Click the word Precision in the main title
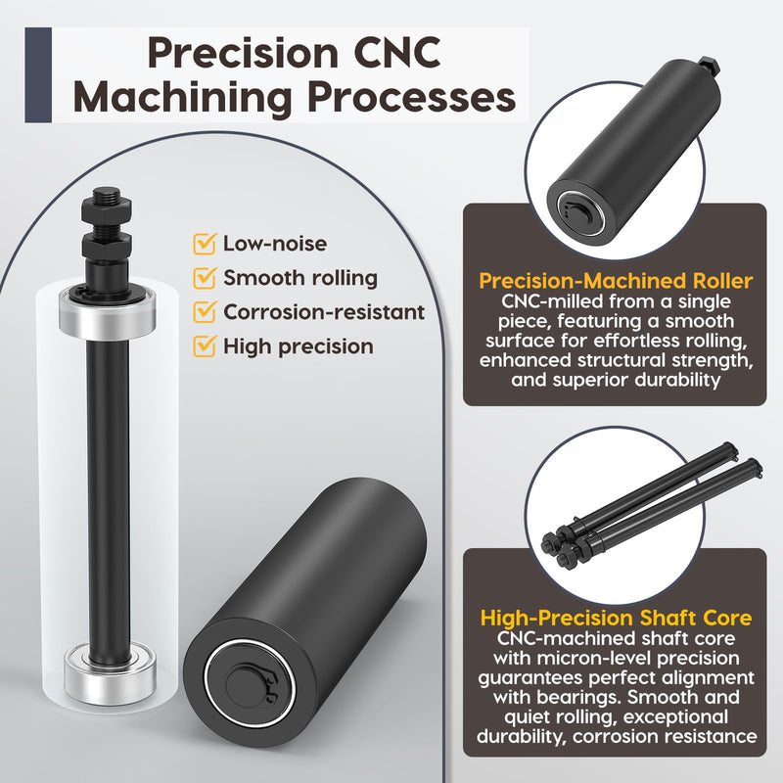[x=243, y=53]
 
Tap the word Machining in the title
[x=182, y=97]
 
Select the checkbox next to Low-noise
[x=205, y=243]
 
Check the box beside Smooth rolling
[x=205, y=278]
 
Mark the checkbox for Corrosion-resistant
[x=205, y=311]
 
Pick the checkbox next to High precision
[x=205, y=346]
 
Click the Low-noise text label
[x=275, y=244]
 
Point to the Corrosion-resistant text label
[x=324, y=312]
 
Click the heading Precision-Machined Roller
[x=616, y=281]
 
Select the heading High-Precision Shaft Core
[x=616, y=618]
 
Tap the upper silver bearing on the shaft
[x=108, y=312]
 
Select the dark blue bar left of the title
[x=38, y=75]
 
